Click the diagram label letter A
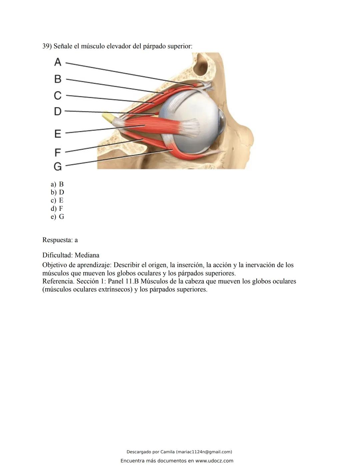pos(58,62)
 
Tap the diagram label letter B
pos(58,79)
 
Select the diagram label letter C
pos(58,95)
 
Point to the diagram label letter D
pos(58,111)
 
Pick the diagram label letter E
pos(58,134)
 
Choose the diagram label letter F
pos(58,152)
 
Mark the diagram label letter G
pos(58,166)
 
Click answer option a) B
pos(57,184)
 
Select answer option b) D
pos(57,192)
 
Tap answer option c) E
pos(57,200)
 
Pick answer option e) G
pos(57,217)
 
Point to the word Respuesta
pos(57,240)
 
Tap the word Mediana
pos(87,255)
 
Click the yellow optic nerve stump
pos(108,116)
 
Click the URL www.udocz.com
pos(214,461)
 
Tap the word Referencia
pos(58,281)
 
